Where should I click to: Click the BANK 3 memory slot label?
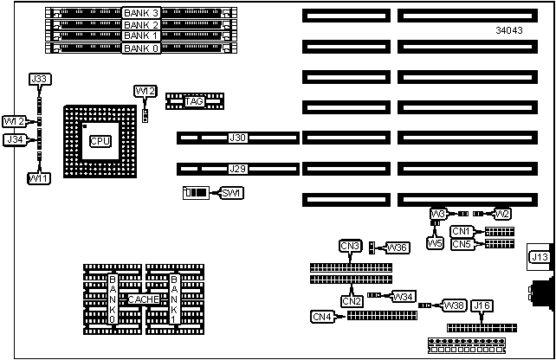141,13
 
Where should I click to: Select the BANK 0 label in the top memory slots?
141,48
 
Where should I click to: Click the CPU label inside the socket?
100,140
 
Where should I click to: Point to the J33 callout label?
39,80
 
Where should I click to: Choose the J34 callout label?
15,139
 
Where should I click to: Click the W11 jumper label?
38,178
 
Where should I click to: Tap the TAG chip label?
194,101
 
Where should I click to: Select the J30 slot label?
237,138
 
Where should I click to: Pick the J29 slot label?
237,169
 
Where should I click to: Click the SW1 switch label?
231,192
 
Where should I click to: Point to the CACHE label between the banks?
143,299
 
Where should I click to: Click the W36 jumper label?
398,247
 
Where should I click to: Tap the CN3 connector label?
350,247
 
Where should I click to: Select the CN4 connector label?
322,317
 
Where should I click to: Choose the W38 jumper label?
455,305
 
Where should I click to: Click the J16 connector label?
482,305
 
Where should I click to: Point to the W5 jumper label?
436,243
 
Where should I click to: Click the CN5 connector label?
462,244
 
